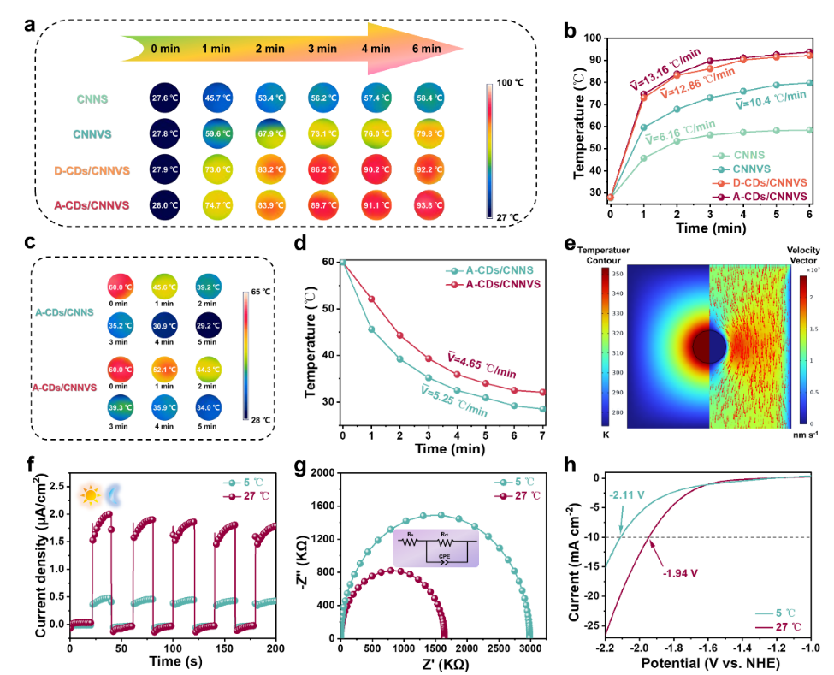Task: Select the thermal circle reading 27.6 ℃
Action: coord(165,99)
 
